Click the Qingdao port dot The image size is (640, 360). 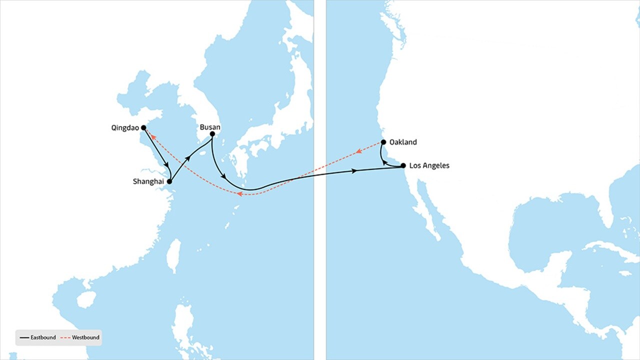[x=143, y=128]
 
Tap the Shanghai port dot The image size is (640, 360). [x=169, y=181]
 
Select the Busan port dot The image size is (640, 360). [x=212, y=134]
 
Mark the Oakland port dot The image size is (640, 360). [x=383, y=142]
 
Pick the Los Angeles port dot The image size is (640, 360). [x=403, y=165]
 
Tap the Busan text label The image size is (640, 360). [x=210, y=127]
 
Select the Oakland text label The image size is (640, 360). [x=403, y=142]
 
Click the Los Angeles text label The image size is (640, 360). [x=429, y=165]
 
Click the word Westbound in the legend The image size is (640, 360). [x=85, y=337]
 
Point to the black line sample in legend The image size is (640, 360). [x=24, y=337]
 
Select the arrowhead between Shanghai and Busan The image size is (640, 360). [x=188, y=157]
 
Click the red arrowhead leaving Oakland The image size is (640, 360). [x=358, y=151]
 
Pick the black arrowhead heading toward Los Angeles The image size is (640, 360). [x=354, y=171]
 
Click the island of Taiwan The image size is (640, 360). [x=174, y=255]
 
